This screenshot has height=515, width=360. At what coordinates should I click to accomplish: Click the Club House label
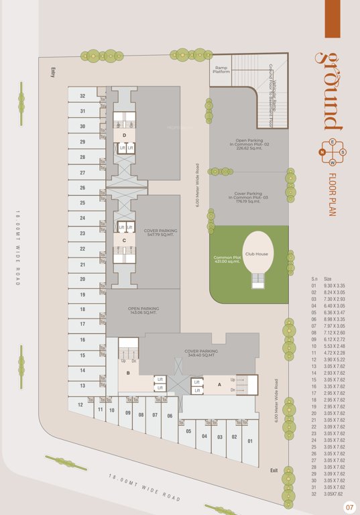coord(257,254)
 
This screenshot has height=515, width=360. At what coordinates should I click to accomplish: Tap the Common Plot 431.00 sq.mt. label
coord(227,259)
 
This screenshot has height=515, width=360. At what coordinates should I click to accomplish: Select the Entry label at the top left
coord(52,71)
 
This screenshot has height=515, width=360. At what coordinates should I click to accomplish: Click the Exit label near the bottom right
coord(274,470)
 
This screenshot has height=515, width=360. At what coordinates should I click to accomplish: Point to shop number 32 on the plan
coord(82,96)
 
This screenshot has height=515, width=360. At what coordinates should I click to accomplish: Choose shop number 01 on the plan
coord(249,441)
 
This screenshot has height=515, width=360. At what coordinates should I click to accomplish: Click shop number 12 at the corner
coord(80,404)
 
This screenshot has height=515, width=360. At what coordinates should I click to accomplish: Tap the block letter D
coord(124,135)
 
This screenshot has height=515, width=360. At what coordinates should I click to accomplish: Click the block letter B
coord(128,373)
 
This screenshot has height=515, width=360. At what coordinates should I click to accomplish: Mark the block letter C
coord(124,240)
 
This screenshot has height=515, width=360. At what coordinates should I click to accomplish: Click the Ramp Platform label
coord(222,70)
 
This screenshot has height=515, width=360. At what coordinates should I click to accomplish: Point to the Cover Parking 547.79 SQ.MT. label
coord(160,233)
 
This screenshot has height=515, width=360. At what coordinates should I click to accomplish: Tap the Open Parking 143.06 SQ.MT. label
coord(141,311)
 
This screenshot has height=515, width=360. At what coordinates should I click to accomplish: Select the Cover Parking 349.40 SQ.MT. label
coord(201,353)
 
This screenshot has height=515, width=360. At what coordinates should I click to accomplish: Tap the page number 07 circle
coord(349,507)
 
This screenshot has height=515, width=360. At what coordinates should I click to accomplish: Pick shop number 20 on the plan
coord(82,279)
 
